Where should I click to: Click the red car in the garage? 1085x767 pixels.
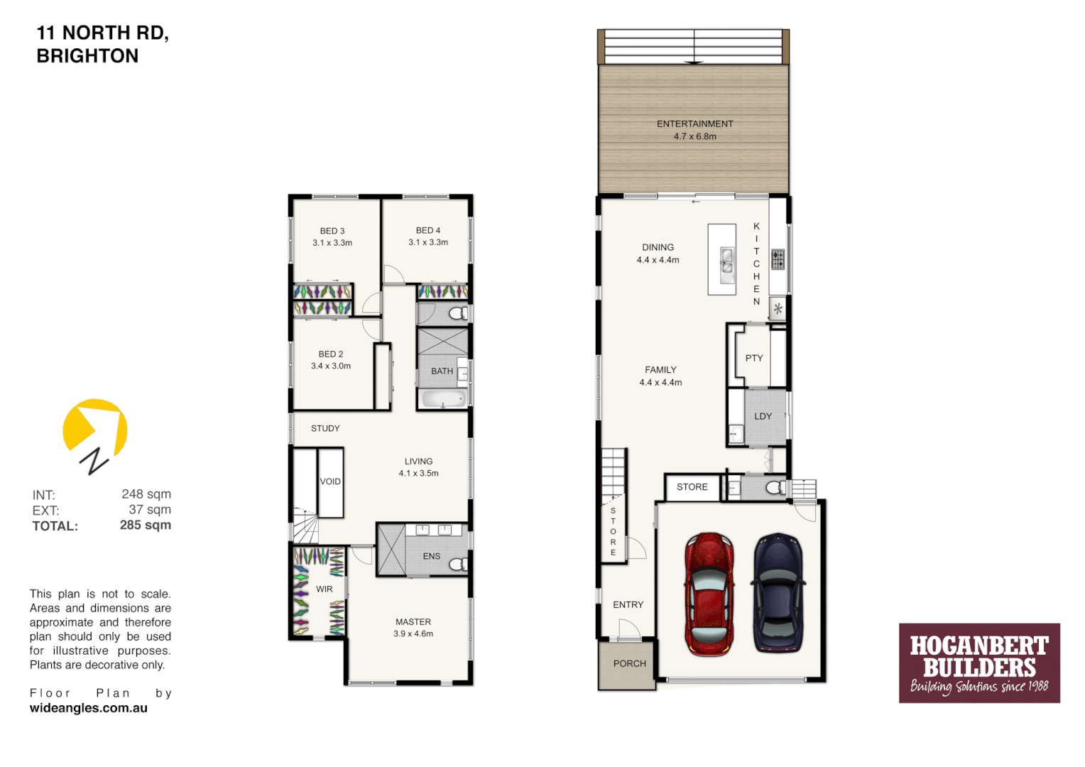coord(709,594)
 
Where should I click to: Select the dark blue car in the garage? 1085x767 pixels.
coord(778,592)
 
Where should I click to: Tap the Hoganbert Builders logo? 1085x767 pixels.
coord(979,663)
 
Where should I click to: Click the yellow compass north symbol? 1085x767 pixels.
coord(94,430)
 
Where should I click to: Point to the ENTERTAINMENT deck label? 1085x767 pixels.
coord(694,124)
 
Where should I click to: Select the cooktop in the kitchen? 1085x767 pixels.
coord(778,259)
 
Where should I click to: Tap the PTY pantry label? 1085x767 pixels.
coord(754,358)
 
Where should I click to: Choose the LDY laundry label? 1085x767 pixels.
coord(763,416)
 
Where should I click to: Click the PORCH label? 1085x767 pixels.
coord(629,663)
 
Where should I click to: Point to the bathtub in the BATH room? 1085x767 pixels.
coord(443,399)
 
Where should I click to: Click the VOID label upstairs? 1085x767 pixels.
coord(330,482)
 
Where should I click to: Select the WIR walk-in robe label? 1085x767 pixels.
coord(325,589)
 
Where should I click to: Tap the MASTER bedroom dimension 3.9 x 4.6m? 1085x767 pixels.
coord(413,633)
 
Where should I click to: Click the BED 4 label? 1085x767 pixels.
coord(428,230)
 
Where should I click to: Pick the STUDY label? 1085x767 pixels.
coord(325,428)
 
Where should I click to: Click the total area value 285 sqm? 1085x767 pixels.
coord(145,526)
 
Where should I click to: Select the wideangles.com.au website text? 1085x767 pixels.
coord(89,708)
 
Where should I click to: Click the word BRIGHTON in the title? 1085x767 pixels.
coord(87,56)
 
